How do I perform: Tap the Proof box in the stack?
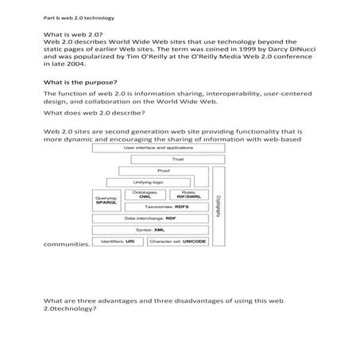163,170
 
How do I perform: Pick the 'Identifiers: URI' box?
118,240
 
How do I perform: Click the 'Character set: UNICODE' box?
179,240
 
